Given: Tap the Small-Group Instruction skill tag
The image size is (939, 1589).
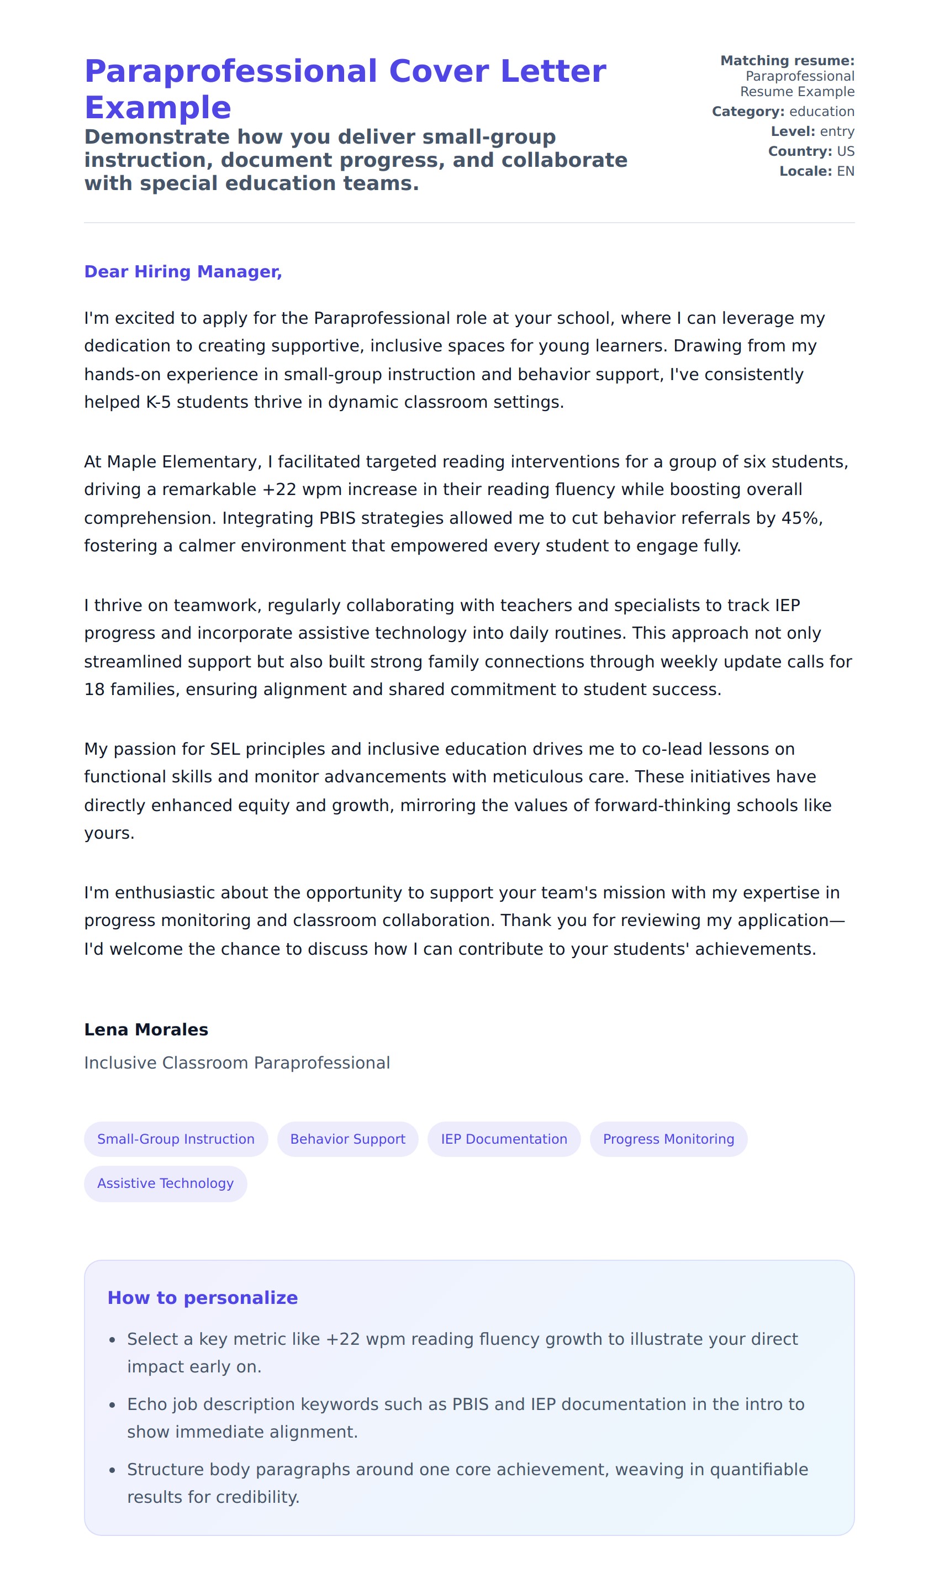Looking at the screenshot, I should (x=176, y=1139).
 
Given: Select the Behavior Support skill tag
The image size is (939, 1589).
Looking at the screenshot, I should (x=347, y=1139).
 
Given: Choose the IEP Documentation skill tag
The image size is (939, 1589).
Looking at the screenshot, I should (x=504, y=1139).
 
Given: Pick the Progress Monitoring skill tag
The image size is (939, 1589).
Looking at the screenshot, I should (x=668, y=1139).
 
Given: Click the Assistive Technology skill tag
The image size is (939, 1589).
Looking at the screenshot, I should (x=165, y=1183).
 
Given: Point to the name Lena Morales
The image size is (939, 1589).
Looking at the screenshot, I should (x=146, y=1030).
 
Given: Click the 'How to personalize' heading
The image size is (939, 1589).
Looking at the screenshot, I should (x=203, y=1298).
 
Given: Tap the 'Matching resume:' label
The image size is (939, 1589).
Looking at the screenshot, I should (x=787, y=61).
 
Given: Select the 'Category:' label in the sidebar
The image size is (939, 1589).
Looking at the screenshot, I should (x=748, y=112).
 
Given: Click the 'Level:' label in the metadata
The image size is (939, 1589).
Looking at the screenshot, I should (x=793, y=131).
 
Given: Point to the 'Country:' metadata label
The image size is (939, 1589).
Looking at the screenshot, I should (x=800, y=151).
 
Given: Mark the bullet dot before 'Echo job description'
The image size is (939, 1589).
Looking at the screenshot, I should (x=112, y=1405).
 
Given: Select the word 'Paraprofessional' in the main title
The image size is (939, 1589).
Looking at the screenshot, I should (x=231, y=71).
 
